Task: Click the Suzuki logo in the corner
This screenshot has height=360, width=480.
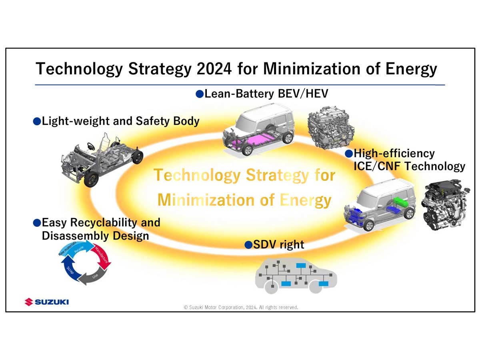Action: [x=46, y=302]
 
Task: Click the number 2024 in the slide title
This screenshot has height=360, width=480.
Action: [x=214, y=69]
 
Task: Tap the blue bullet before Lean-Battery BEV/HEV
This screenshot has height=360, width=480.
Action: [x=200, y=94]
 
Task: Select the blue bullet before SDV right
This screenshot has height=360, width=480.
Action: [x=248, y=245]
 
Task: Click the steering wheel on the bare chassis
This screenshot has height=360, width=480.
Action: [x=91, y=146]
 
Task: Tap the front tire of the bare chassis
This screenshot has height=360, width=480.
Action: [x=91, y=179]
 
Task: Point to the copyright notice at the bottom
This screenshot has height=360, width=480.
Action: [x=241, y=307]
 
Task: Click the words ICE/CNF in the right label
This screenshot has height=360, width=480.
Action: [x=378, y=166]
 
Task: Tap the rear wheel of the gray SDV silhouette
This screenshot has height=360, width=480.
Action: [x=316, y=287]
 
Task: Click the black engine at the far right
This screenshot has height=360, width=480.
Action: [x=445, y=207]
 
